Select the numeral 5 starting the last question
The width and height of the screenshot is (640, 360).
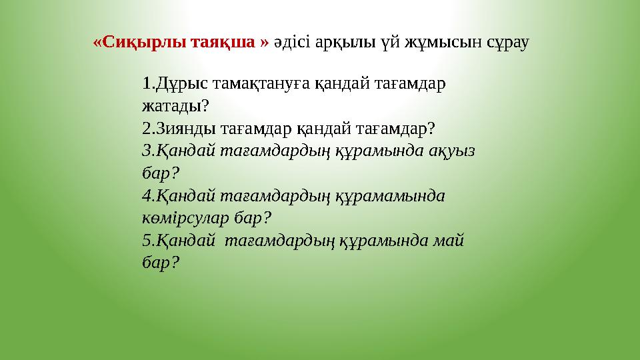point(147,241)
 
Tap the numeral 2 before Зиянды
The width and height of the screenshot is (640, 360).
point(147,128)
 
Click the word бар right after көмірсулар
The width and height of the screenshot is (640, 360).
point(254,218)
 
